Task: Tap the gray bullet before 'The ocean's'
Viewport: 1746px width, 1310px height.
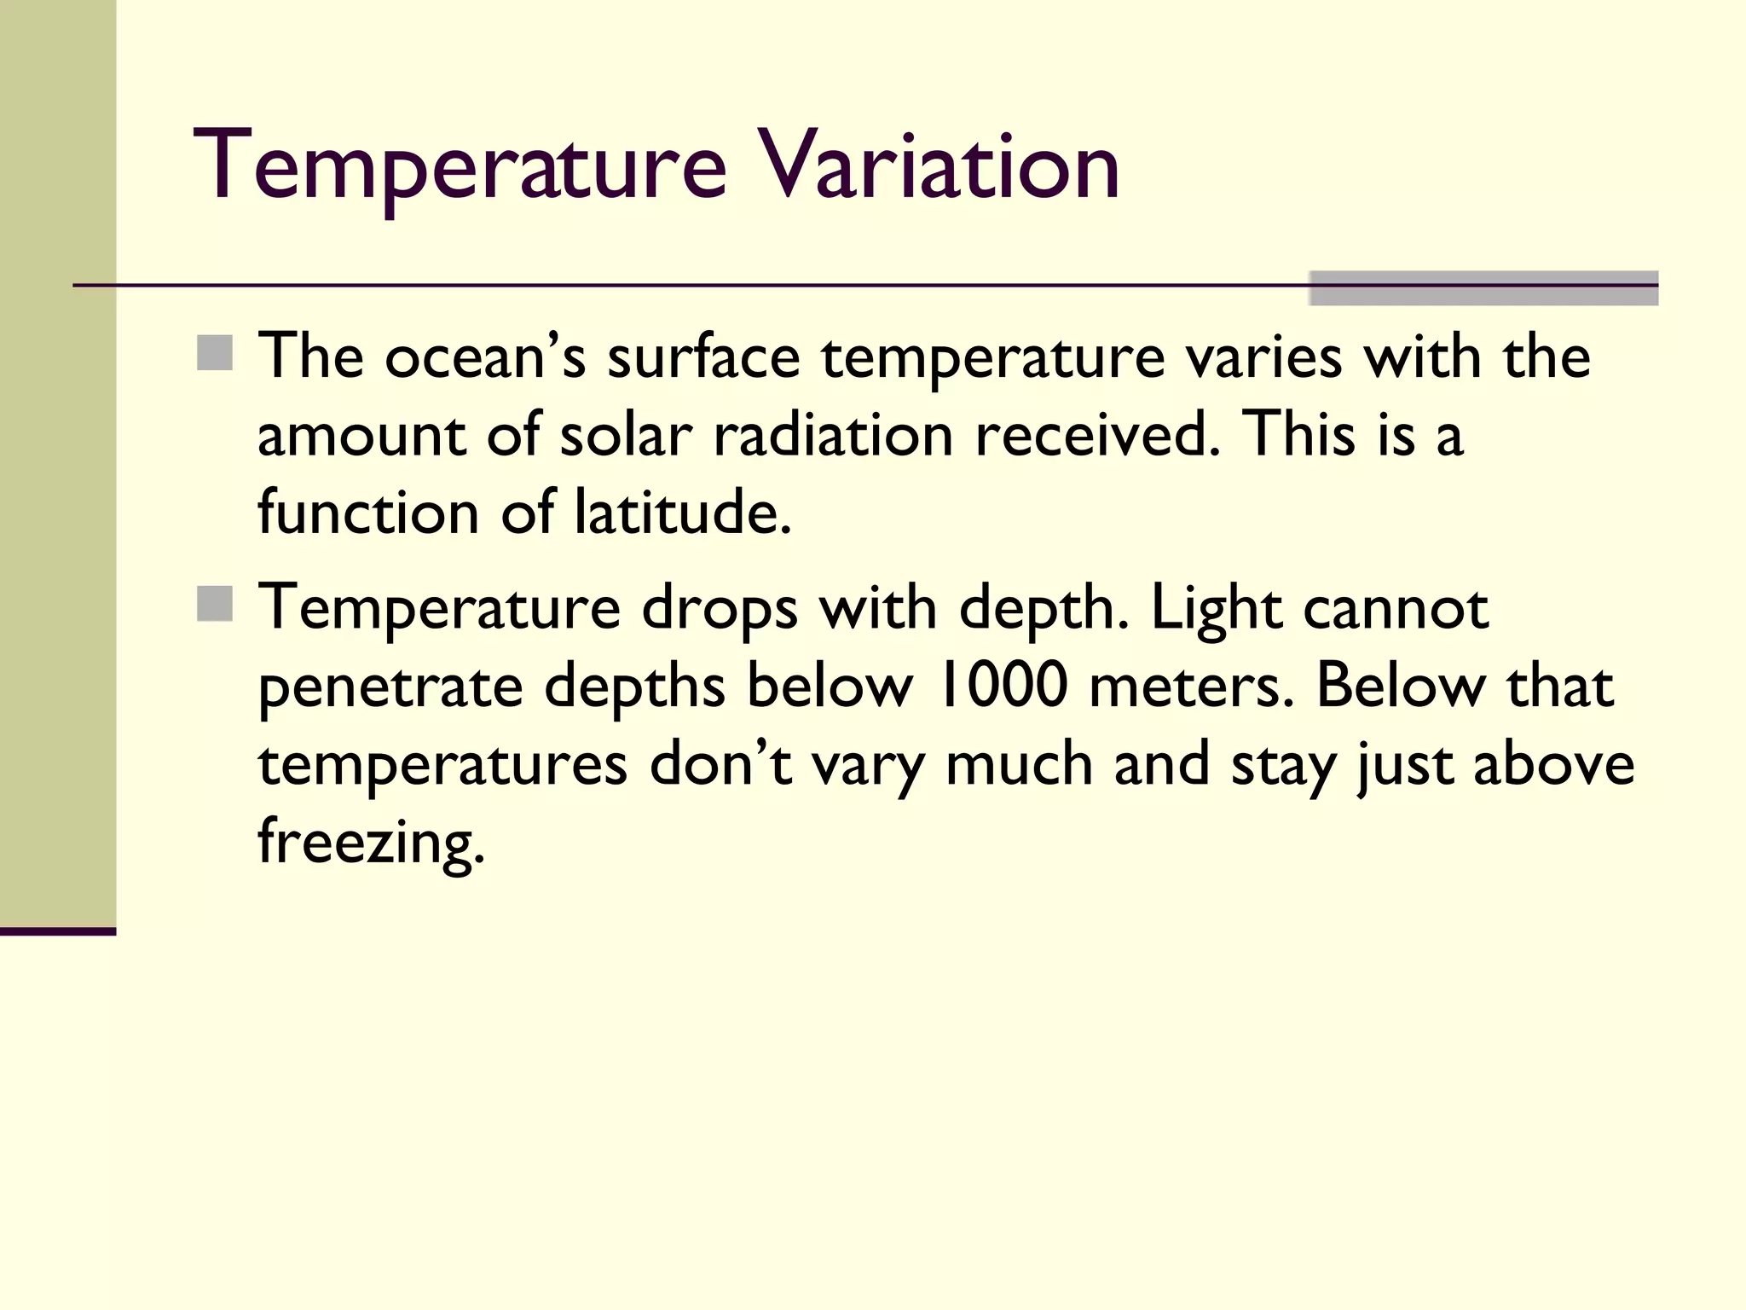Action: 215,353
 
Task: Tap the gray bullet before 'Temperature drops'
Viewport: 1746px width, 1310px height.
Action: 215,604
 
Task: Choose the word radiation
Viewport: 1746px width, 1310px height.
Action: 833,435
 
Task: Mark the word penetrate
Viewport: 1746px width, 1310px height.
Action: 390,687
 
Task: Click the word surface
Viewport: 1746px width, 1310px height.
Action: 703,357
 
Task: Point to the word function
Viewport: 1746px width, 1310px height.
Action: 368,512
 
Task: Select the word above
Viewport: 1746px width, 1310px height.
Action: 1553,764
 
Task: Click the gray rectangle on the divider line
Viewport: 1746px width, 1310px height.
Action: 1483,288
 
